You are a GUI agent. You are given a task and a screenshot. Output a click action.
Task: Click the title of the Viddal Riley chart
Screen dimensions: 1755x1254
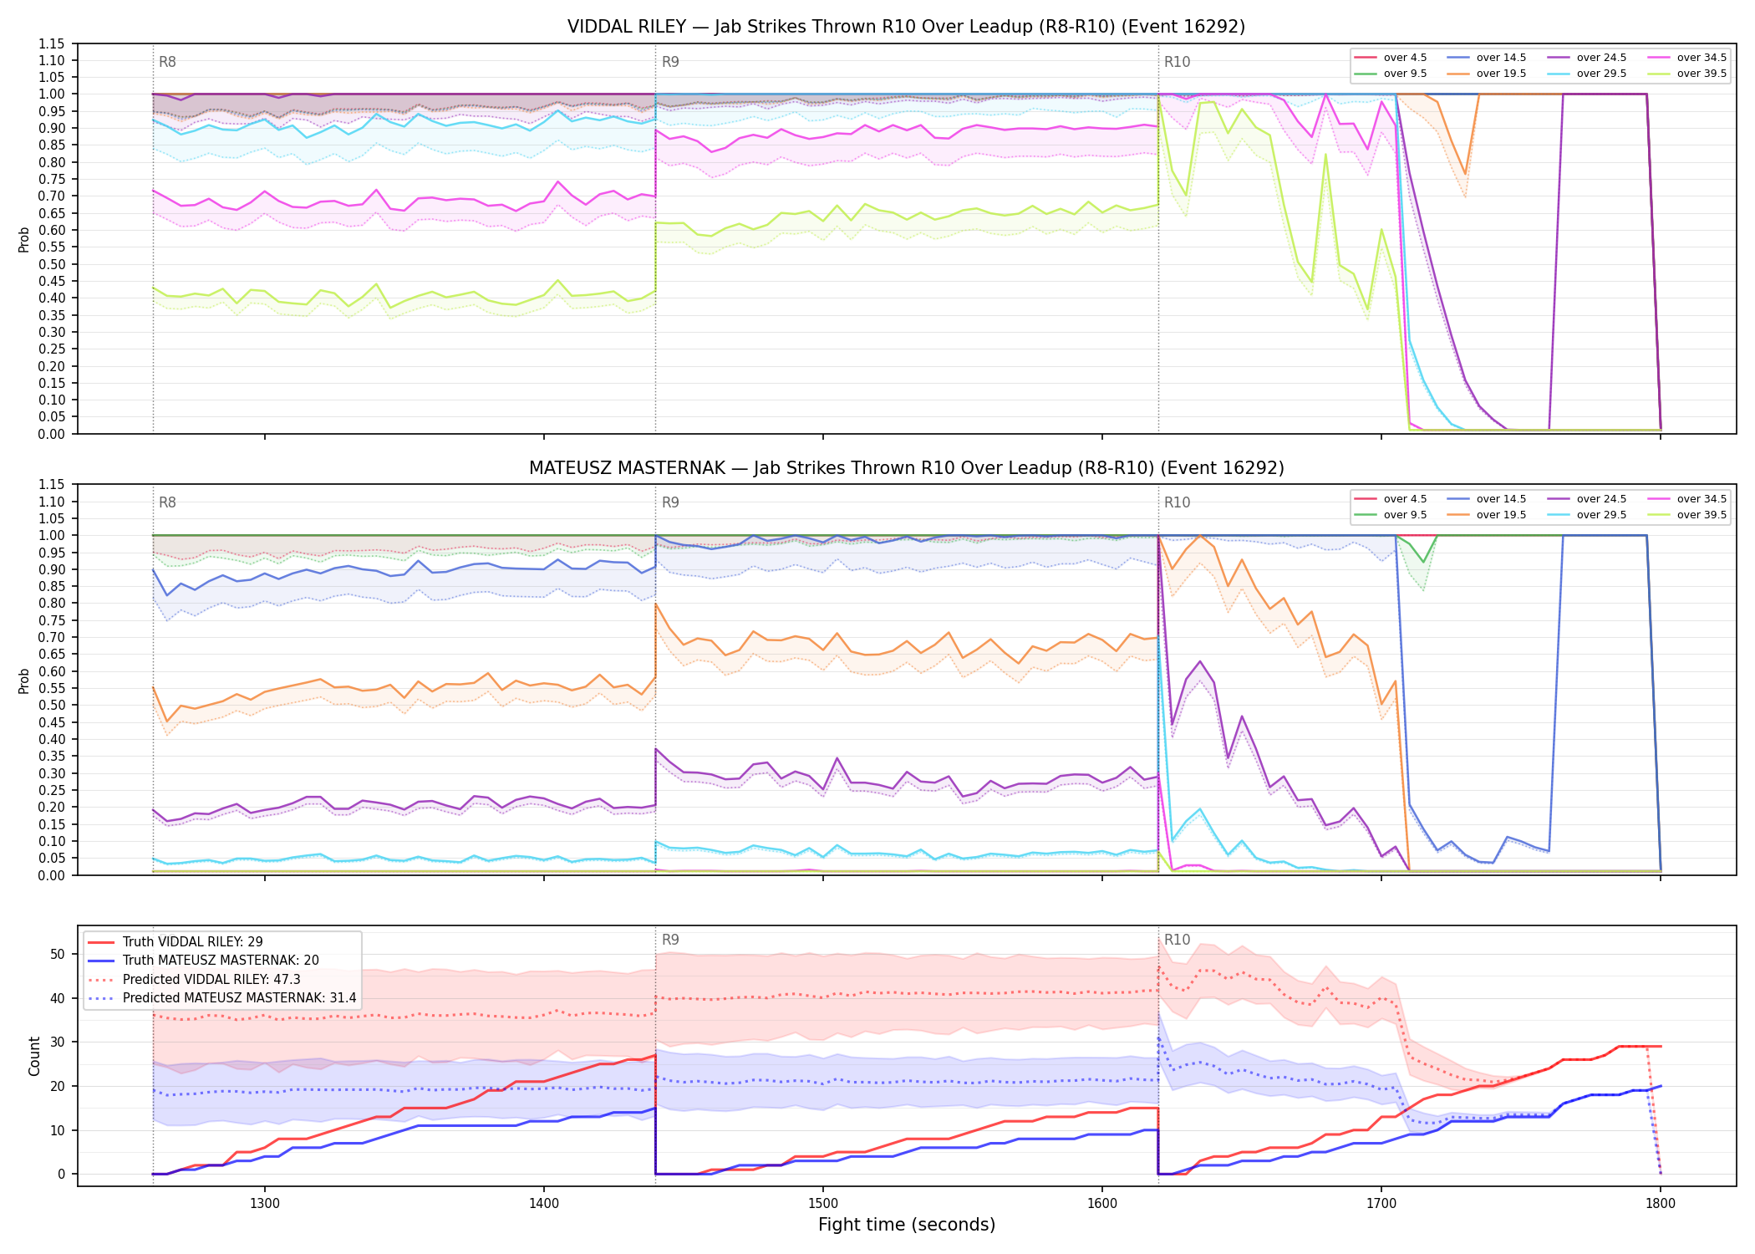(x=906, y=27)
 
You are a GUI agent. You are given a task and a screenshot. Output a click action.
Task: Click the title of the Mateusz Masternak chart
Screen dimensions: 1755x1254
(x=906, y=468)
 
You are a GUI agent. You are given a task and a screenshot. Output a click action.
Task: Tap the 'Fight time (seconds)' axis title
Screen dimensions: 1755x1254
(x=907, y=1225)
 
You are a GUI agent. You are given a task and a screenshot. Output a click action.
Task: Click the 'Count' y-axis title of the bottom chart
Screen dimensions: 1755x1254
(x=35, y=1056)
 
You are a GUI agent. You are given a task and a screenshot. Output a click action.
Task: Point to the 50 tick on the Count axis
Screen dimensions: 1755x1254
(x=57, y=955)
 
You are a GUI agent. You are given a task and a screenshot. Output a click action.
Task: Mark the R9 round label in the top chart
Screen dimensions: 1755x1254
(x=670, y=62)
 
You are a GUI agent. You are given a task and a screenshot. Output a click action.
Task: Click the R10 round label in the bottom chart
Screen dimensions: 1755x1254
(x=1178, y=940)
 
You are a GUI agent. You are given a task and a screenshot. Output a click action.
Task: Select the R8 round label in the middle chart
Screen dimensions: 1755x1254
(x=167, y=502)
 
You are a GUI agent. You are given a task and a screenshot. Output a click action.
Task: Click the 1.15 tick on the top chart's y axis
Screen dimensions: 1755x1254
(x=52, y=43)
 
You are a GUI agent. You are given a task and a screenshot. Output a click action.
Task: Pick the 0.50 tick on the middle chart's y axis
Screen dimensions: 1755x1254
(x=52, y=705)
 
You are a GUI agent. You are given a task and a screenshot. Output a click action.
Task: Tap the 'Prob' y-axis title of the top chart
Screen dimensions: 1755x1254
(x=24, y=239)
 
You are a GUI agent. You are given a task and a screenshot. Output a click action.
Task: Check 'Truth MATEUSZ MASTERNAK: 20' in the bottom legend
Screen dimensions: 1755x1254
(x=221, y=961)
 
